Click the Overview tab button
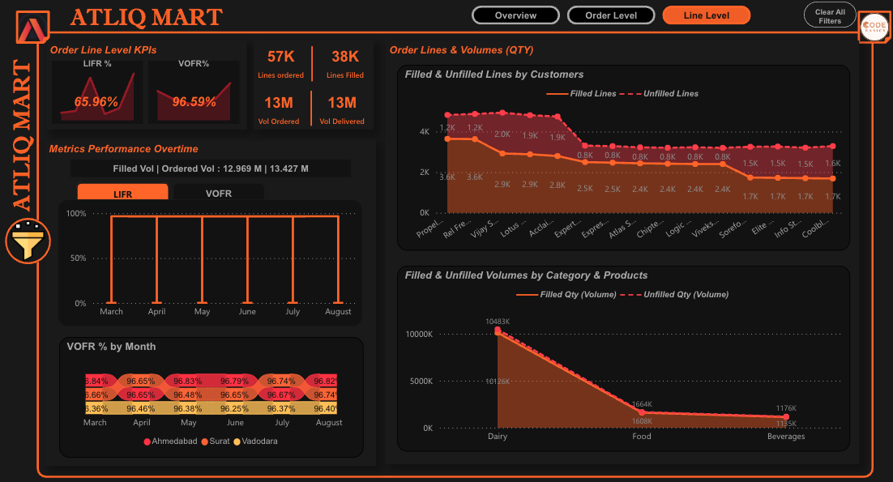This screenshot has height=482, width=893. pyautogui.click(x=515, y=15)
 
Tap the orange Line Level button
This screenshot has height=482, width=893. pyautogui.click(x=706, y=15)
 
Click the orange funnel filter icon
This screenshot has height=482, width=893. pyautogui.click(x=28, y=242)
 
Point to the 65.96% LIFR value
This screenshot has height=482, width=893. pyautogui.click(x=96, y=102)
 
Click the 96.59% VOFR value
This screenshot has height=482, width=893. pyautogui.click(x=194, y=102)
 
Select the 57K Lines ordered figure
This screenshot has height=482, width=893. pyautogui.click(x=280, y=57)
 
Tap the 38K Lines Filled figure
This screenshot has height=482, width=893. pyautogui.click(x=344, y=57)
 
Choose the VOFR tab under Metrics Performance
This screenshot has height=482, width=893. pyautogui.click(x=219, y=194)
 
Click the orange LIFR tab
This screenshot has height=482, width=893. pyautogui.click(x=122, y=194)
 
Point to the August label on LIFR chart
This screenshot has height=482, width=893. pyautogui.click(x=338, y=312)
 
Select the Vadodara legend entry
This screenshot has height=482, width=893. pyautogui.click(x=259, y=441)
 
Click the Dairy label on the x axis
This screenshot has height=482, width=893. pyautogui.click(x=498, y=437)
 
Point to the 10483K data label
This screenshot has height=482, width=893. pyautogui.click(x=498, y=322)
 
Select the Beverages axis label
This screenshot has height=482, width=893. pyautogui.click(x=786, y=437)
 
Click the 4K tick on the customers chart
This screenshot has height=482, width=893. pyautogui.click(x=424, y=131)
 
